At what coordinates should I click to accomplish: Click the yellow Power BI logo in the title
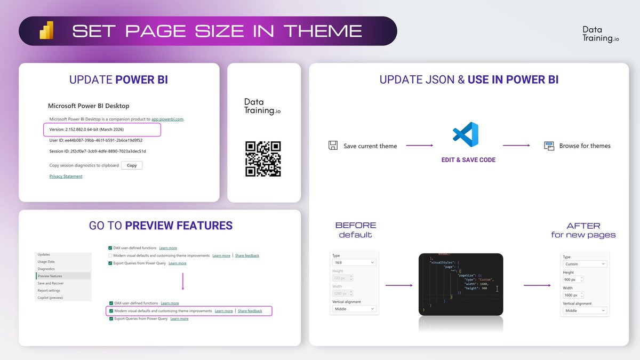pyautogui.click(x=46, y=30)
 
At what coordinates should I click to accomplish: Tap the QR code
pyautogui.click(x=263, y=158)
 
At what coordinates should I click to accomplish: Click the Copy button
pyautogui.click(x=132, y=165)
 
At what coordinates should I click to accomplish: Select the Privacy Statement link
pyautogui.click(x=66, y=176)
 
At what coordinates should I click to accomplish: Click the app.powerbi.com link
pyautogui.click(x=167, y=119)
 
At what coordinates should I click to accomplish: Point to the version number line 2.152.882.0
pyautogui.click(x=86, y=130)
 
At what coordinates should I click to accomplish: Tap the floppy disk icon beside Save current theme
pyautogui.click(x=333, y=146)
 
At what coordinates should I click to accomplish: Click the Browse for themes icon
pyautogui.click(x=549, y=146)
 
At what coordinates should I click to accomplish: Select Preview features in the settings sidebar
pyautogui.click(x=50, y=276)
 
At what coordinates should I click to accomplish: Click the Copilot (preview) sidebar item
pyautogui.click(x=50, y=298)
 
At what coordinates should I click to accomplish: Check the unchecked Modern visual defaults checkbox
pyautogui.click(x=110, y=255)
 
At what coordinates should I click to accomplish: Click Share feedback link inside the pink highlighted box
pyautogui.click(x=250, y=311)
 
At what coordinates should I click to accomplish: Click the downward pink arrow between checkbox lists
pyautogui.click(x=182, y=282)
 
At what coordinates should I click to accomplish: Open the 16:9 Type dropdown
pyautogui.click(x=354, y=262)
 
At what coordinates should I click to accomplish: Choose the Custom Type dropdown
pyautogui.click(x=585, y=264)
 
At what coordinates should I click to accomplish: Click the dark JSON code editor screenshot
pyautogui.click(x=461, y=284)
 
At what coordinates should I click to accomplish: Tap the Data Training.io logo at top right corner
pyautogui.click(x=600, y=34)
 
